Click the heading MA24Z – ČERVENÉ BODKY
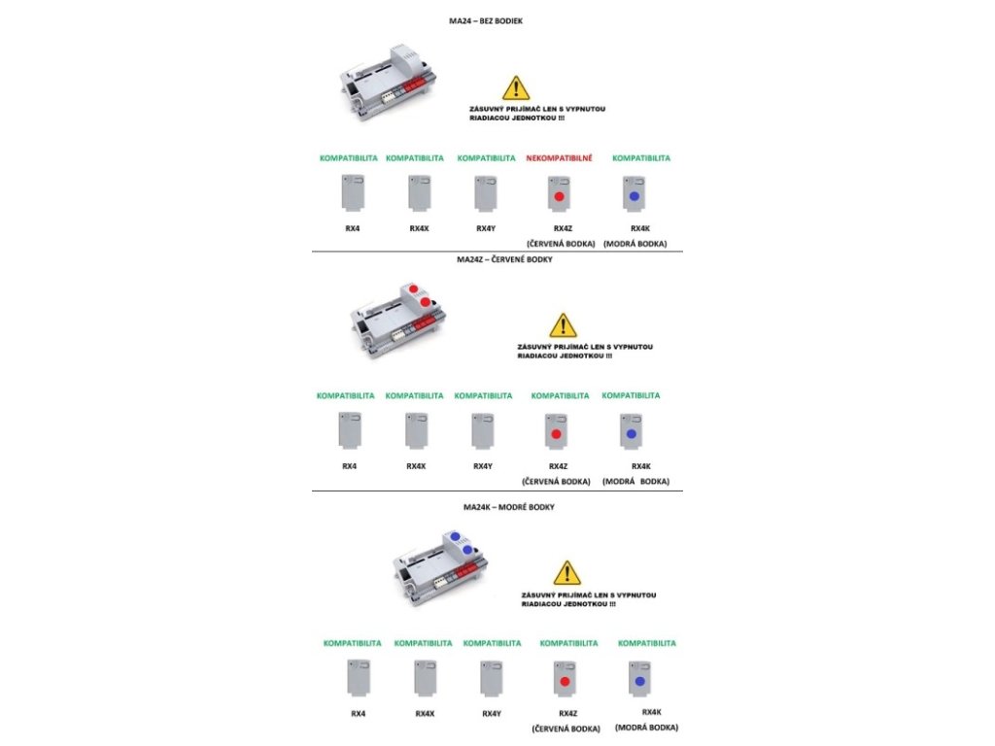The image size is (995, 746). click(x=497, y=259)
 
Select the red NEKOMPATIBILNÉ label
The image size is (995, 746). click(x=559, y=157)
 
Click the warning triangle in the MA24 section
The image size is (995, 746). click(x=516, y=88)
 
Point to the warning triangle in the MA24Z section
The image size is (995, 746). click(x=563, y=325)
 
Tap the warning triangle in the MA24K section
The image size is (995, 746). click(x=566, y=572)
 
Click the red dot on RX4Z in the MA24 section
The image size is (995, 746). click(x=559, y=197)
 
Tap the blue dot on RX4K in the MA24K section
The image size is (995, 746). click(x=640, y=682)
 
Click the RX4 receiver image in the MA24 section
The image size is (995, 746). click(x=352, y=193)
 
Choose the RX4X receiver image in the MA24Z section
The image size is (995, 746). click(x=416, y=431)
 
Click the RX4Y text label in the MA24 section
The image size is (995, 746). click(x=486, y=228)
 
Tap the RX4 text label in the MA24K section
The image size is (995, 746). click(x=358, y=713)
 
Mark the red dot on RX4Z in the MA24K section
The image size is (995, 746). click(x=563, y=684)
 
